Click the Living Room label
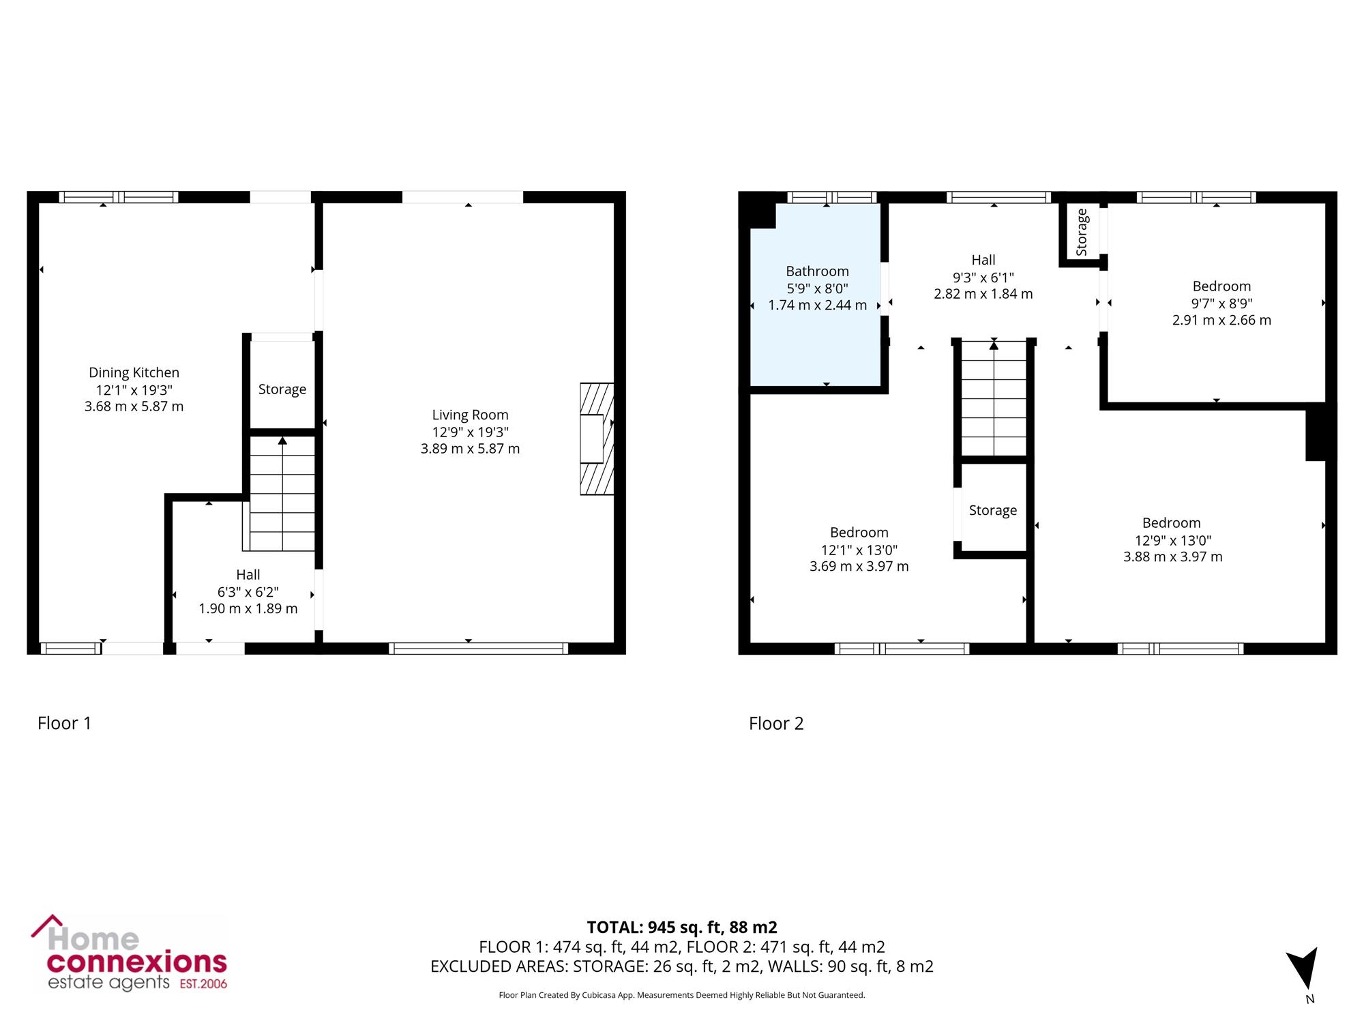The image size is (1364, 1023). pos(470,415)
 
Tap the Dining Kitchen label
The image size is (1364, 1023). pos(134,372)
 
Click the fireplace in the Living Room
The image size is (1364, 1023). pos(597,439)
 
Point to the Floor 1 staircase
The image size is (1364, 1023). pos(282,493)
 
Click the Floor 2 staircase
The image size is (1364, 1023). pos(994,398)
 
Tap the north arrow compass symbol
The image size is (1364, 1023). pos(1304,972)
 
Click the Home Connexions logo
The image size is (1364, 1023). pos(130,953)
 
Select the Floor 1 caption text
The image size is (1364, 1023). pos(64,723)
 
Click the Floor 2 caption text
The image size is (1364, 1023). pos(776,723)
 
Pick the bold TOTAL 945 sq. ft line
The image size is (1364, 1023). pos(682,927)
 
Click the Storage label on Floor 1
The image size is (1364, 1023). pos(282,389)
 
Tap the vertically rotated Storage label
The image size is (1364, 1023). pos(1082,233)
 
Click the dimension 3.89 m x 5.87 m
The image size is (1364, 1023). pos(470,449)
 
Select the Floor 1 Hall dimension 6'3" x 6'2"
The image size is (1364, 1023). pos(248,592)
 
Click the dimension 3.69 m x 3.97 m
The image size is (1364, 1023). pos(859,566)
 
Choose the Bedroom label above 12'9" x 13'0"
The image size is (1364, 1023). pos(1172,523)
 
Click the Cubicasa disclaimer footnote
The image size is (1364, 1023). pos(682,995)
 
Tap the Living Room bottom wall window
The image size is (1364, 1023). pos(478,649)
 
